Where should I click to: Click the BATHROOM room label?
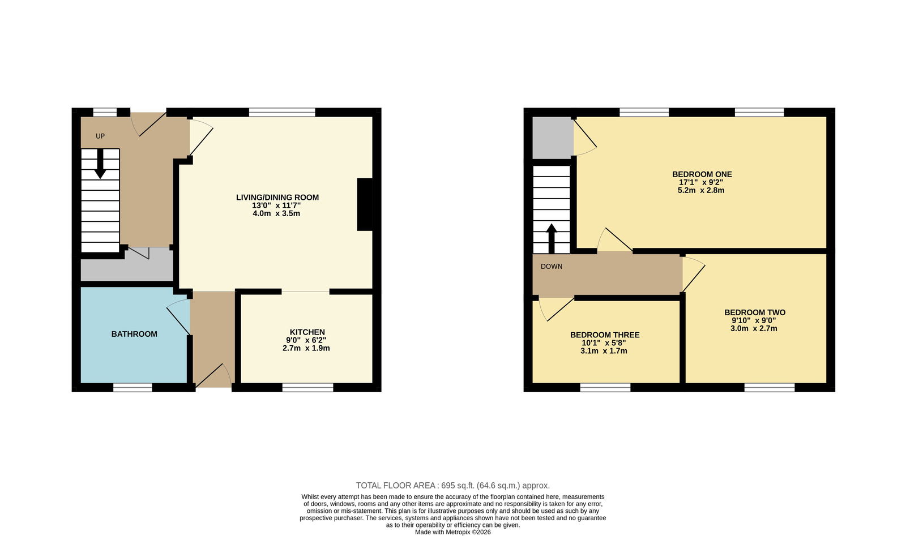point(134,334)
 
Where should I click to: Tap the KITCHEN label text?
point(307,332)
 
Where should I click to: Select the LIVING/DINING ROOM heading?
point(277,198)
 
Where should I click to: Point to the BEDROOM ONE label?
point(702,174)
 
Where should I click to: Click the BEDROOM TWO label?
point(755,312)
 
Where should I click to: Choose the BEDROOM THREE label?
point(605,335)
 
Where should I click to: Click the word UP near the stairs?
point(100,136)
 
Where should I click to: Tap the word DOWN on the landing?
point(552,267)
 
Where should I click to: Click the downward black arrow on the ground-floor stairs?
point(100,164)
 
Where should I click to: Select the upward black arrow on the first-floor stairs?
point(552,238)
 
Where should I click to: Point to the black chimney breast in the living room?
point(365,204)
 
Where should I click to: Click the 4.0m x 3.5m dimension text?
point(276,213)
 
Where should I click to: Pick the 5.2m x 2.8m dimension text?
point(701,190)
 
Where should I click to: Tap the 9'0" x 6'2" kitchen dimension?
point(306,340)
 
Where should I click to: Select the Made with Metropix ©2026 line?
point(453,532)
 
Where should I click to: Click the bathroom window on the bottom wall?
point(133,388)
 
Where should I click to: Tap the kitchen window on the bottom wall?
point(308,388)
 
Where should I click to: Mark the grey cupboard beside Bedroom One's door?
point(553,138)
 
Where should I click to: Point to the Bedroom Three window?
point(605,388)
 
